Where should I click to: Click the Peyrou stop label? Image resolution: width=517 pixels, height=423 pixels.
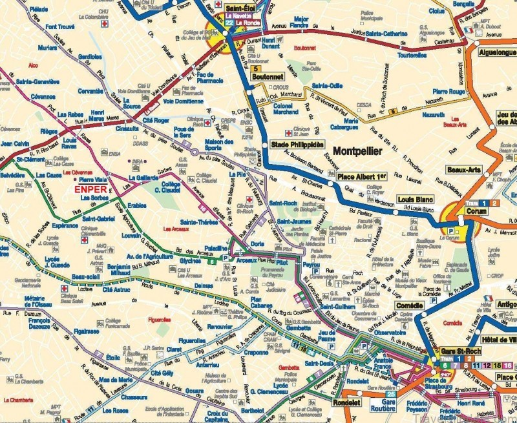tap(311, 265)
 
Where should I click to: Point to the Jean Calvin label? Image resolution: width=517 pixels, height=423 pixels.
tap(16, 143)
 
